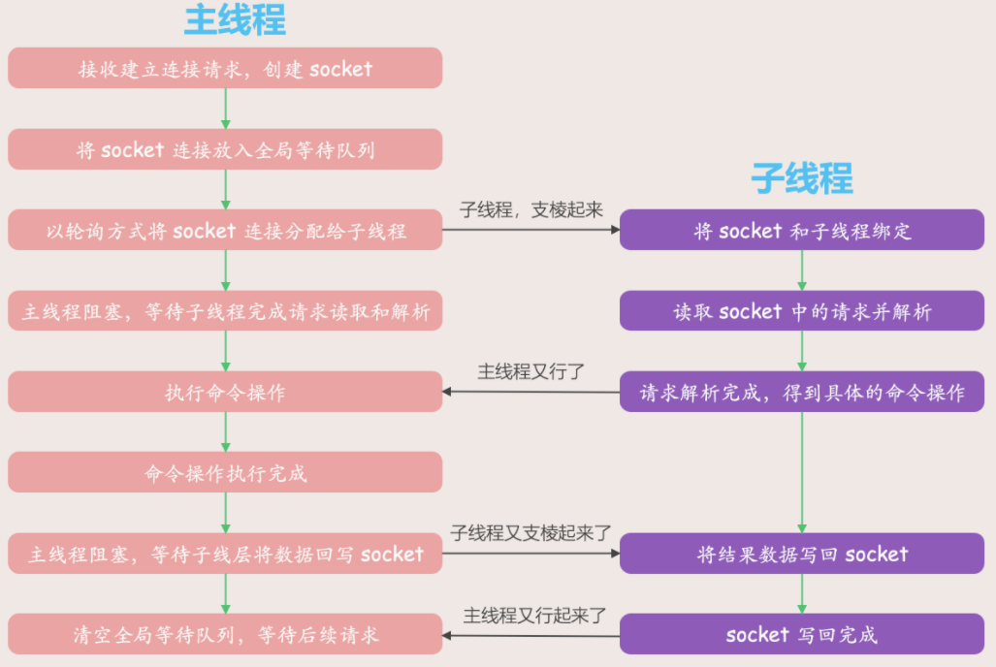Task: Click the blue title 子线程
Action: (801, 178)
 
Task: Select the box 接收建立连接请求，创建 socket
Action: (225, 69)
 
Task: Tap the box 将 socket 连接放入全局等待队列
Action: (225, 150)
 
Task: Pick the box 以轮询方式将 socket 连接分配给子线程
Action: (225, 231)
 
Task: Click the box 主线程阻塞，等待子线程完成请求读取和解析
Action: (225, 312)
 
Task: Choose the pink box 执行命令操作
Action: (225, 393)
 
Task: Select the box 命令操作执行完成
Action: (225, 473)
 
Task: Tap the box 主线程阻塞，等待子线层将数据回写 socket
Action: (225, 555)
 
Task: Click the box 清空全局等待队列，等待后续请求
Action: (225, 635)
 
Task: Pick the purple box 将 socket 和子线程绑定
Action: (802, 231)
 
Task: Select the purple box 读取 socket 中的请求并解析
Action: (802, 312)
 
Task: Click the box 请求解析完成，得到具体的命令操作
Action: (802, 393)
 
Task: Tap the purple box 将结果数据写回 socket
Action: (802, 555)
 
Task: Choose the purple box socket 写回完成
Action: (802, 635)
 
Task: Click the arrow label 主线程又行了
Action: (531, 371)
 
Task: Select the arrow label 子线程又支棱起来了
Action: (531, 533)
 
